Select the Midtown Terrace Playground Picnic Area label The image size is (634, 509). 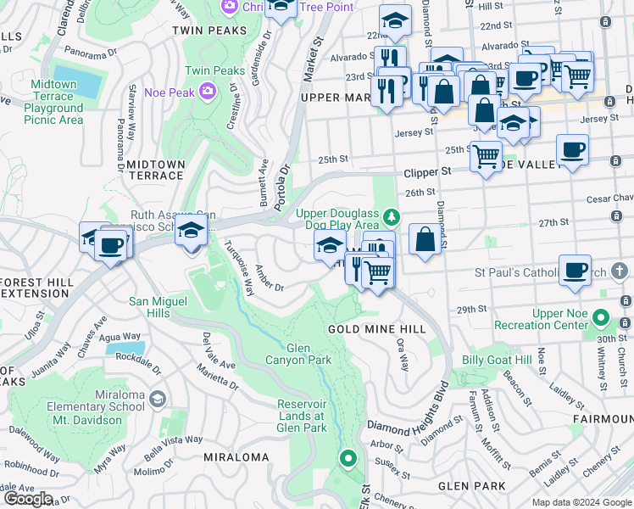tap(53, 103)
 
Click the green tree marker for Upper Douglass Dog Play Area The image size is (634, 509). tap(391, 217)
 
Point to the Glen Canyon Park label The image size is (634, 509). tap(309, 355)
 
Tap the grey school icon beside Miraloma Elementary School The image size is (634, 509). tap(157, 399)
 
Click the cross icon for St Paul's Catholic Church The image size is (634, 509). tap(620, 272)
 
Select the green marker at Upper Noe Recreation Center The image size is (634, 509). tap(601, 319)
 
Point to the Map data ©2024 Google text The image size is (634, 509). tap(581, 502)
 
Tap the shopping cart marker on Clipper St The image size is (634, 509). tap(486, 156)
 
